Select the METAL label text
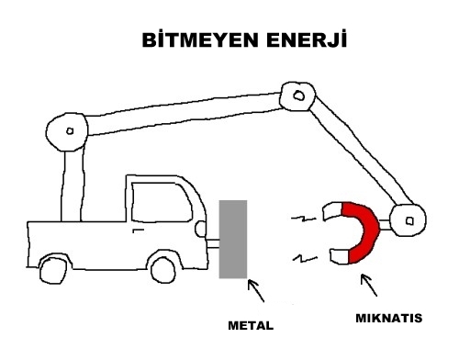[x=251, y=325]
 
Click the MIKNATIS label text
[x=389, y=318]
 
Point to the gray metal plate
[x=233, y=239]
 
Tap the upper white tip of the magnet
[x=333, y=210]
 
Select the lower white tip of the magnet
[x=340, y=256]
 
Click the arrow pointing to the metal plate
[x=255, y=290]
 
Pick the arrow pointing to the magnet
[x=369, y=285]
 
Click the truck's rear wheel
[x=53, y=271]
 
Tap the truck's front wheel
[x=163, y=270]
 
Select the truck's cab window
[x=162, y=202]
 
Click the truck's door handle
[x=138, y=231]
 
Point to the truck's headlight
[x=201, y=229]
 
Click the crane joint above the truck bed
[x=67, y=131]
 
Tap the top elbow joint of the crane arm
[x=297, y=96]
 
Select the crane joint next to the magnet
[x=409, y=220]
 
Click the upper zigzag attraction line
[x=303, y=219]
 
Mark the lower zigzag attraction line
[x=305, y=259]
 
